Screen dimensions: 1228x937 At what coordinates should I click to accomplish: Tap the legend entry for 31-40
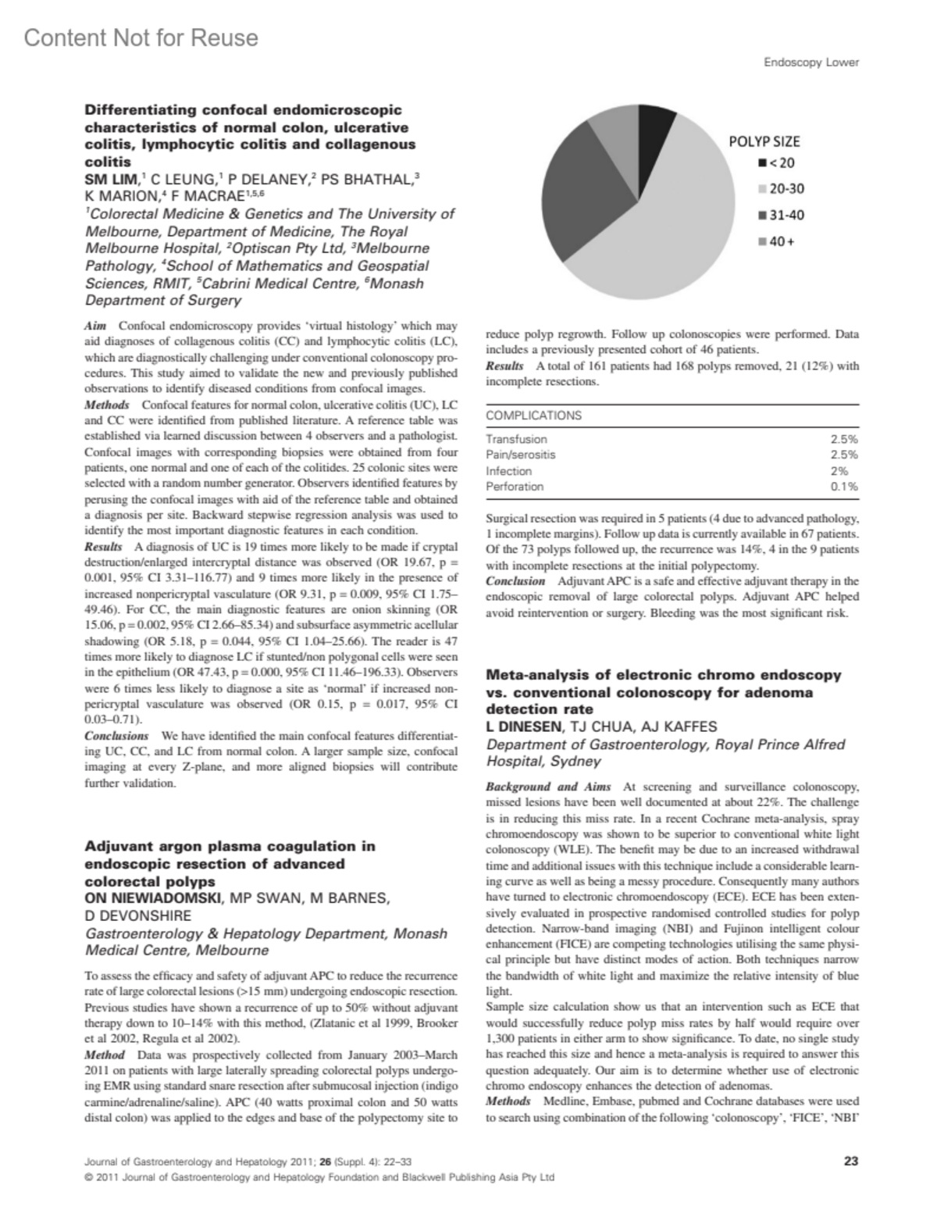click(x=780, y=215)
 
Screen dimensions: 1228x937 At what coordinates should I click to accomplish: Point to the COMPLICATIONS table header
click(x=533, y=416)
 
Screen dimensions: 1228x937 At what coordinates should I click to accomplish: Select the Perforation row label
click(x=515, y=487)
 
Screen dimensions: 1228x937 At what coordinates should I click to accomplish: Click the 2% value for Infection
click(x=849, y=471)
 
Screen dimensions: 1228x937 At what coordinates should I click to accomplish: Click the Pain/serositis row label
click(x=521, y=455)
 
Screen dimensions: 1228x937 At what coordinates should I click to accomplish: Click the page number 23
click(x=851, y=1161)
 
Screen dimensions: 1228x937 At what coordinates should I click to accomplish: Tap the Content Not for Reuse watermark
click(x=141, y=37)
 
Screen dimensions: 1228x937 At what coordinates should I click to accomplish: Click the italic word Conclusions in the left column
click(x=116, y=736)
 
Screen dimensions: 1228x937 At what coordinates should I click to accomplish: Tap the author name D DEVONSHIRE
click(x=137, y=916)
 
